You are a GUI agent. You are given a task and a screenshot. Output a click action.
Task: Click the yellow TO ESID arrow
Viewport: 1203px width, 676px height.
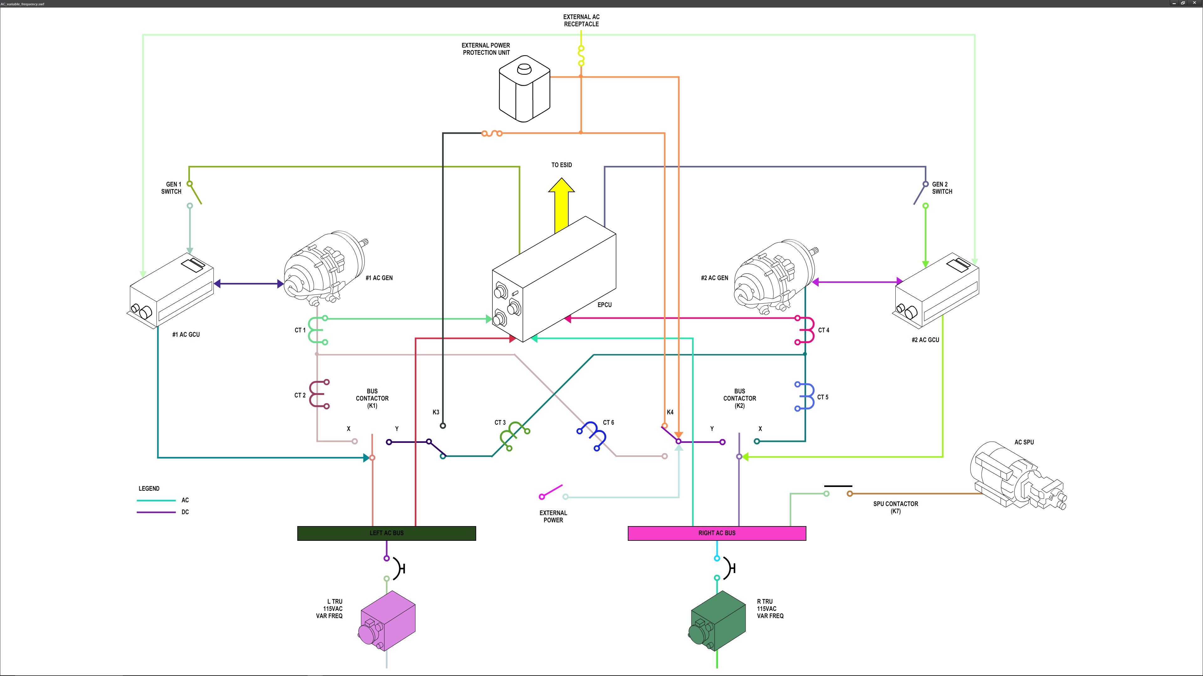(x=561, y=207)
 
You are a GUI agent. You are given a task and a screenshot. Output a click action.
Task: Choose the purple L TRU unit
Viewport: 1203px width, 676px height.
(x=387, y=621)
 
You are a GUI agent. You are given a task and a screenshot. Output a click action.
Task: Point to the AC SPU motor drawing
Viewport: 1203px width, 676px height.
(x=1018, y=476)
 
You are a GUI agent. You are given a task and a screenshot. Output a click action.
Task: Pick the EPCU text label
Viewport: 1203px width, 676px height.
(x=604, y=305)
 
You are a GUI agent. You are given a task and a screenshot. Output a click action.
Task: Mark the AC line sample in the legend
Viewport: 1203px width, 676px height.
(x=156, y=500)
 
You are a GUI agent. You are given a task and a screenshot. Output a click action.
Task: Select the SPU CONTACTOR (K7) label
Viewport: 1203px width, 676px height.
(x=895, y=507)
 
